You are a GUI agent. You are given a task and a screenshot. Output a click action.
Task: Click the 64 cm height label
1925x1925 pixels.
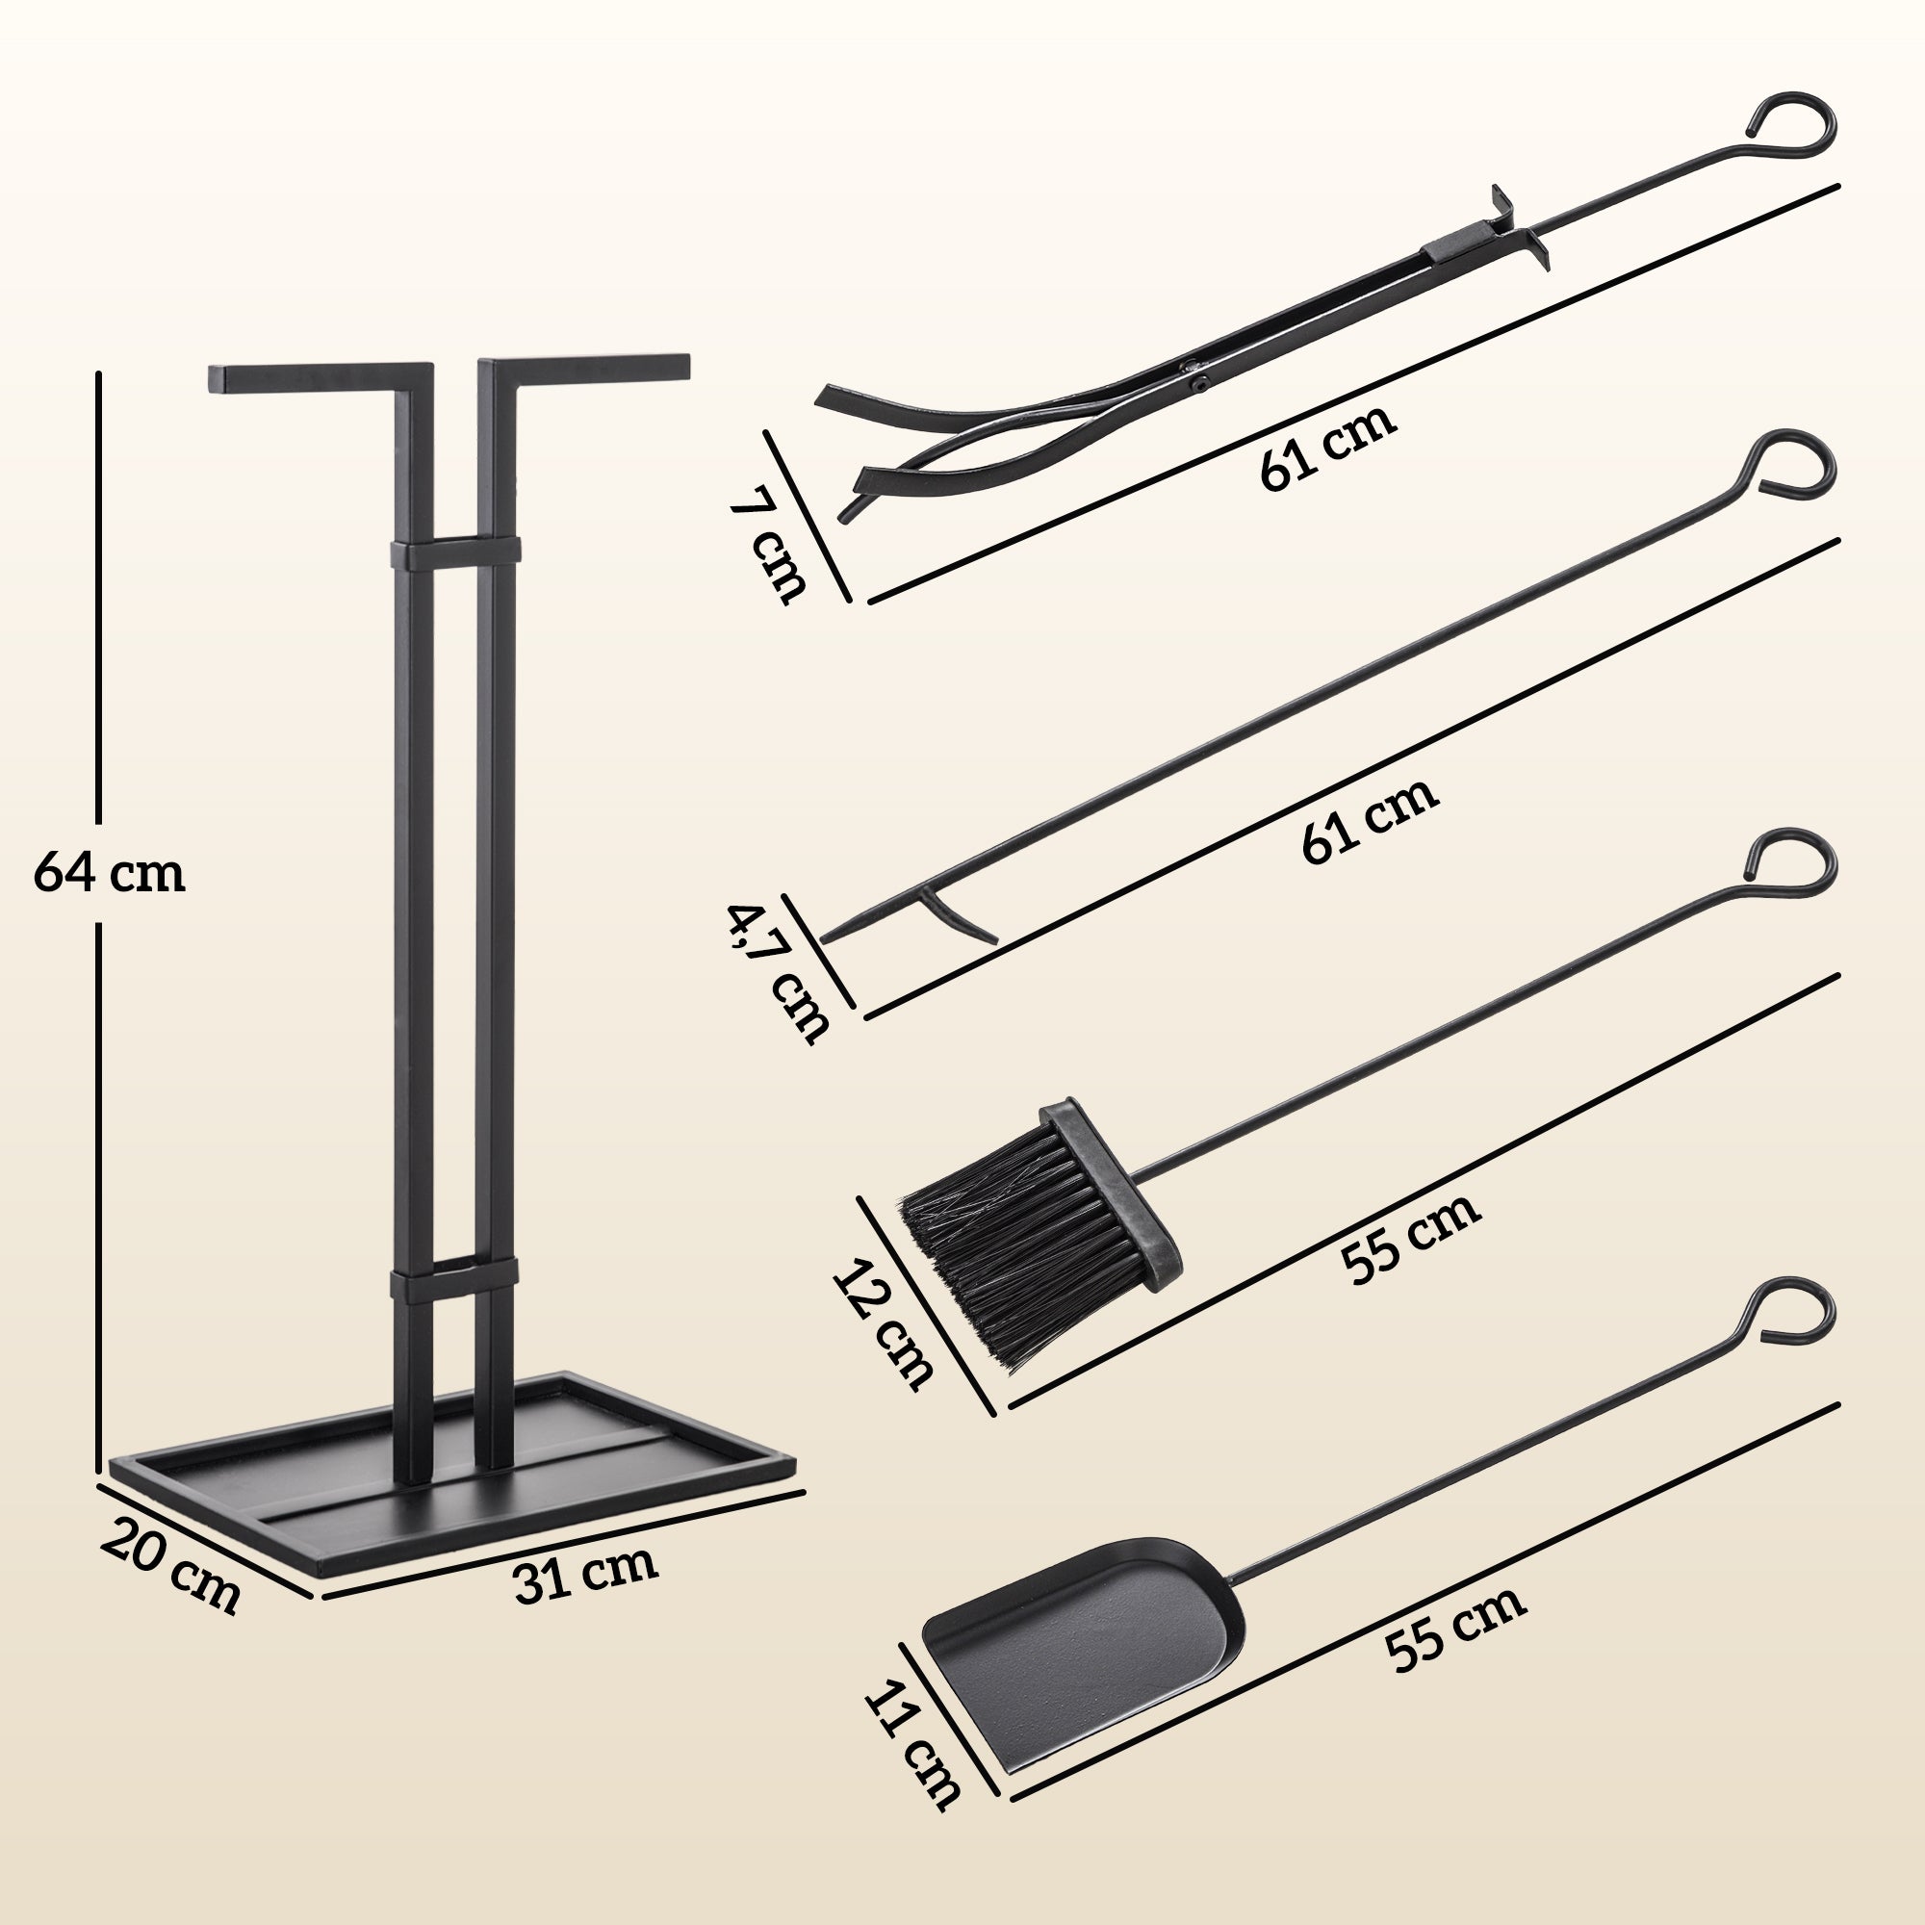pos(110,874)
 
